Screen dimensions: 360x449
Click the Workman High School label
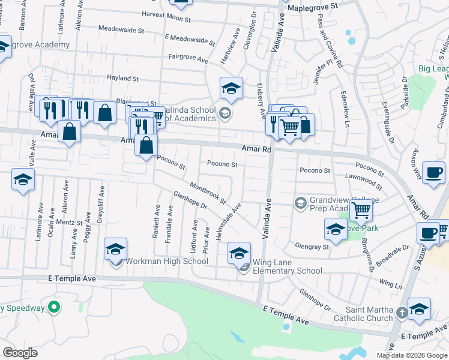point(166,262)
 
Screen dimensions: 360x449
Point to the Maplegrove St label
point(313,5)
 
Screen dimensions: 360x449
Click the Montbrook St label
point(207,192)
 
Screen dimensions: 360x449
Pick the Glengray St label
point(312,247)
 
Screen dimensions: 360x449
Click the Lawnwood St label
point(364,179)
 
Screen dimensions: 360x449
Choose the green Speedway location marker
point(54,308)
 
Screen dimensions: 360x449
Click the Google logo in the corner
point(20,352)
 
